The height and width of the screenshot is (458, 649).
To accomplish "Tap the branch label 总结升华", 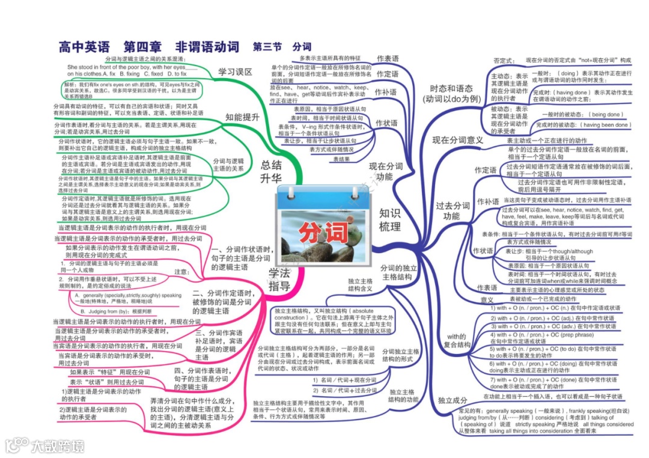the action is [271, 171].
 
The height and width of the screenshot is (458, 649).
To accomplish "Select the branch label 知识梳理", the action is [389, 219].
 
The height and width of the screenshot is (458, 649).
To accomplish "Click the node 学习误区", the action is [235, 72].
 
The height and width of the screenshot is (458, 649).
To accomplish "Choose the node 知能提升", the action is [242, 117].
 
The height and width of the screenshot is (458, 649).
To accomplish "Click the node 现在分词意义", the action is [458, 140].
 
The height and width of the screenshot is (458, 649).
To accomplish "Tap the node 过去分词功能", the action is [452, 210].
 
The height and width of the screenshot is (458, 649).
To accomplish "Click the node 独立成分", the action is [452, 400].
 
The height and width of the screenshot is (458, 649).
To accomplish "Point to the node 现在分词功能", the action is [386, 171].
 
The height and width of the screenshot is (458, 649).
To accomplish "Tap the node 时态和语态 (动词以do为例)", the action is [451, 94].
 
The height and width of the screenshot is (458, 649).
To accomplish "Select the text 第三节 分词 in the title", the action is [282, 47].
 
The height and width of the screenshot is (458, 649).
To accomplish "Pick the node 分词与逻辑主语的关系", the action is [228, 165].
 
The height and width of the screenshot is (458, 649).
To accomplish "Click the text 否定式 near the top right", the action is [504, 61].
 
